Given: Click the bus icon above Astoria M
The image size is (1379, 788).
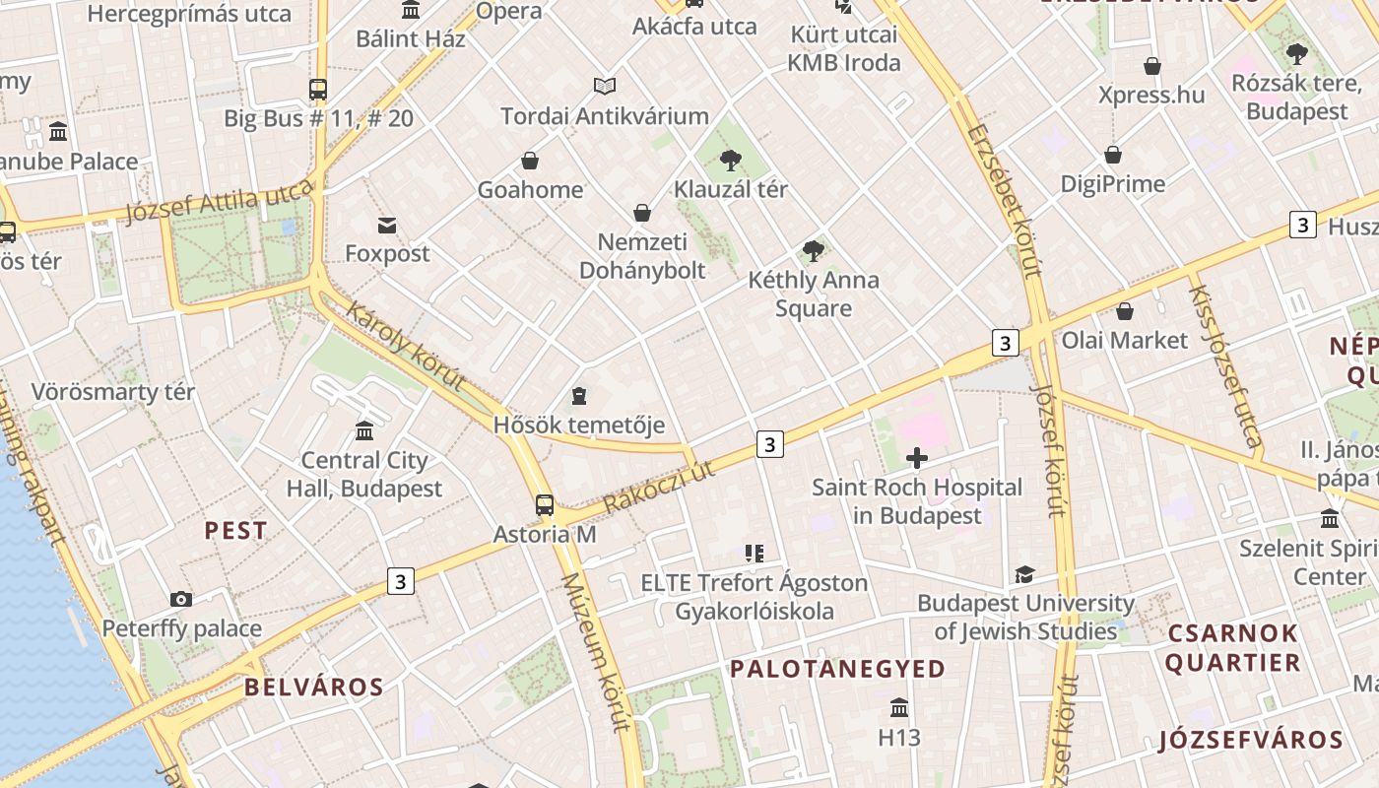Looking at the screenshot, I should pos(545,505).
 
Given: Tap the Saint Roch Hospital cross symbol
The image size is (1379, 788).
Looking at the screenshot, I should pos(917,458).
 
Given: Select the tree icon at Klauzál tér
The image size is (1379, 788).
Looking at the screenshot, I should pos(730,161).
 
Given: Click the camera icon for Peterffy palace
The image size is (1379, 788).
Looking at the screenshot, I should pos(180,599).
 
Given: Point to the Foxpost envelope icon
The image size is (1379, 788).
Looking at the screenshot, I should pos(387,226).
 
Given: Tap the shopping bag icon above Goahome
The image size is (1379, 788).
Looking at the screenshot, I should pos(530,161).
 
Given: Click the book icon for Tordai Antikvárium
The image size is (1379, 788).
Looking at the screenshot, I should pos(605,87).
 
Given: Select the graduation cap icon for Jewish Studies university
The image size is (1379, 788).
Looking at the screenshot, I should pos(1025,574).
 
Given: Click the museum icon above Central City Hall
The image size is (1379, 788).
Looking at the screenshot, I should pos(364,431).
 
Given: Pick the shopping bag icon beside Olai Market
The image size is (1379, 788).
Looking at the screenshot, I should pos(1125,311).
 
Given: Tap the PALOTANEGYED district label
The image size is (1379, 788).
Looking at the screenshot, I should pos(837,669).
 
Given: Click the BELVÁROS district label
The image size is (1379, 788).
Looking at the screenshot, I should pos(313,687).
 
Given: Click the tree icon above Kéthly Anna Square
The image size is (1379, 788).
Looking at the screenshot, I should pos(813,251).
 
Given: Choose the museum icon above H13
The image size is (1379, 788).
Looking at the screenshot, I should pos(899,708).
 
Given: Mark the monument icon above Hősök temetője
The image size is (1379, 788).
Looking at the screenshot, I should pos(579,396).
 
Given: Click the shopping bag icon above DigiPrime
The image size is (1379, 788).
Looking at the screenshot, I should pos(1113,155).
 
